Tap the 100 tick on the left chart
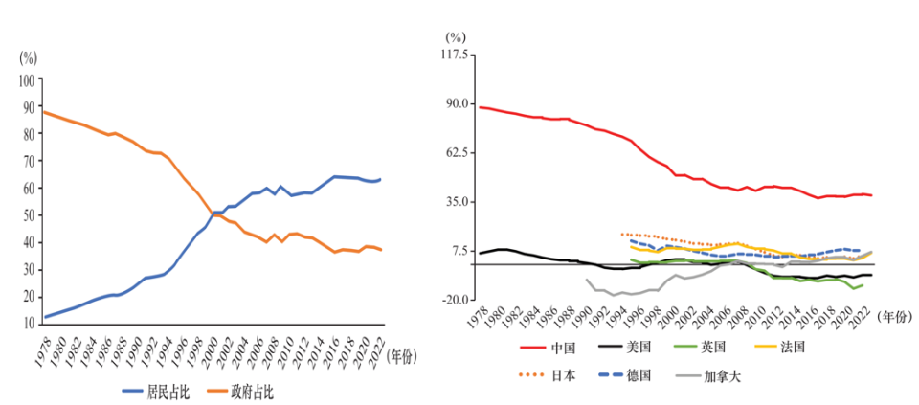point(27,80)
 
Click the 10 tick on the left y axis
point(29,325)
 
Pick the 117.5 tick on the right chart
point(454,55)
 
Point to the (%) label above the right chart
point(456,36)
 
